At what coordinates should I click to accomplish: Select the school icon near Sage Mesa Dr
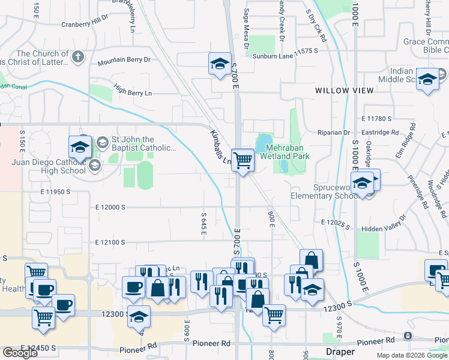(220, 64)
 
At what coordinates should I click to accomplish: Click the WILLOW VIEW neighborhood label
(345, 91)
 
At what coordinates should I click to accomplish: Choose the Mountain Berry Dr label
(124, 61)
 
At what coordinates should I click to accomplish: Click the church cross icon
(76, 58)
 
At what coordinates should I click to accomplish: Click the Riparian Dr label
(338, 133)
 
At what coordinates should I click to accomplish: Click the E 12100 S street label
(110, 242)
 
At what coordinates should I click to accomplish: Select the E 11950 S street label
(56, 192)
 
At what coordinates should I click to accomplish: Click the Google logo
(20, 353)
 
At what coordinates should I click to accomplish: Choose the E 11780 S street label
(376, 119)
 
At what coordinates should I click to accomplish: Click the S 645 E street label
(204, 222)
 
